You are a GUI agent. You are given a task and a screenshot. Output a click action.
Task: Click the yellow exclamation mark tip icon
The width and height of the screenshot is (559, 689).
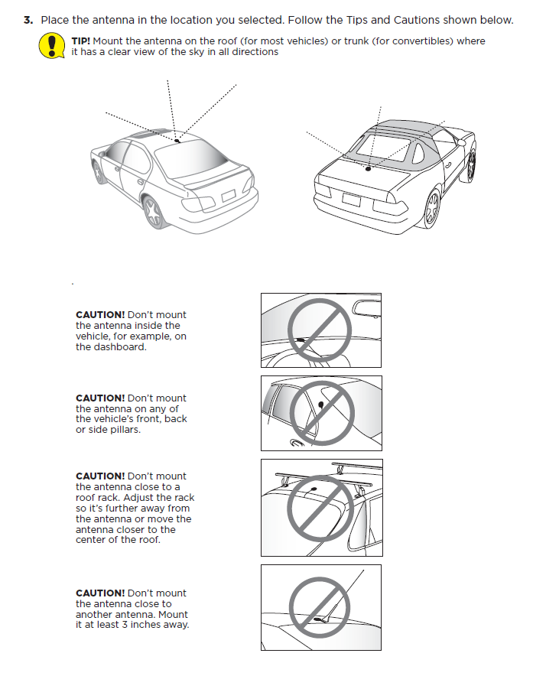click(x=51, y=46)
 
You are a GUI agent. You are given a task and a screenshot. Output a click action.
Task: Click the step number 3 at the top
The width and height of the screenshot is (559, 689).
click(x=28, y=20)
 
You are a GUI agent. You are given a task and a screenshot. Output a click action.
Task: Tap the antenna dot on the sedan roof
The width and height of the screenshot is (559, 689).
click(x=177, y=141)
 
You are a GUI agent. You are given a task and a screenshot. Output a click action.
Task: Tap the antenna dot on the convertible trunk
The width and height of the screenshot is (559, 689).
click(x=368, y=168)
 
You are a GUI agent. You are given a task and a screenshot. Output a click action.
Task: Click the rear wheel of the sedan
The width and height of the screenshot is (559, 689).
click(x=153, y=211)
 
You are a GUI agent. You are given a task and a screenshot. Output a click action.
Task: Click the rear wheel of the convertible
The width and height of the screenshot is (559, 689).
click(x=433, y=208)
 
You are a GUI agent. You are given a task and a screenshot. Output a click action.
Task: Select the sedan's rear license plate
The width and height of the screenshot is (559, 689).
click(x=228, y=197)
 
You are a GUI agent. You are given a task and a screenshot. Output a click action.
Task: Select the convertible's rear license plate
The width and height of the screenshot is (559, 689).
click(x=351, y=200)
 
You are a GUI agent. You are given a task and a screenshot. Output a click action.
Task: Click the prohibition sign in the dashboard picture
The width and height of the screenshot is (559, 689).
click(x=320, y=330)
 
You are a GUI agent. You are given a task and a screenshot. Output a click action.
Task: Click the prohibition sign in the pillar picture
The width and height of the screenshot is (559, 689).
click(x=322, y=412)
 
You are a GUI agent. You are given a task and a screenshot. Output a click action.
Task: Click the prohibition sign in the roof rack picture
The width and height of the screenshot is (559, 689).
click(x=322, y=506)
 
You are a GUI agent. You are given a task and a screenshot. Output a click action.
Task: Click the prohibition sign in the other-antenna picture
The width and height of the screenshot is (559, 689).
click(x=321, y=607)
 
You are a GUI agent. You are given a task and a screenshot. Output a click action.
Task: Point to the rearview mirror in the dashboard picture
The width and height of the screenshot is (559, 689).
click(x=366, y=307)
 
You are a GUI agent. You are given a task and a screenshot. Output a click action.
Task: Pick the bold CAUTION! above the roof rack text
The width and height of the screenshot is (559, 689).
click(x=99, y=476)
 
